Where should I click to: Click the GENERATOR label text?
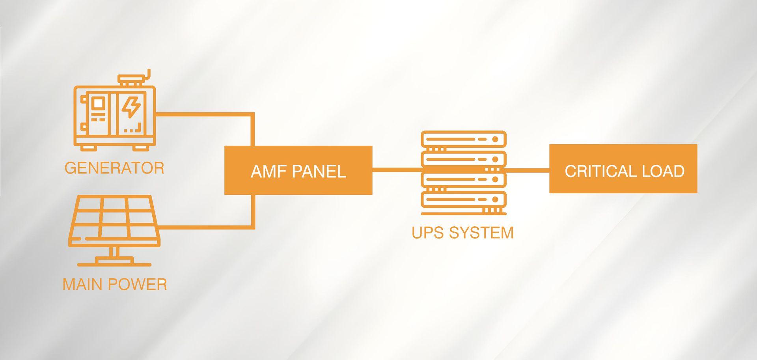[114, 168]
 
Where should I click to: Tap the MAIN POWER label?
[115, 284]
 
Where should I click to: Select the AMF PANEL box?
[298, 170]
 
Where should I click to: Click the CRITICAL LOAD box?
[623, 169]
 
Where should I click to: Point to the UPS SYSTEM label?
[462, 233]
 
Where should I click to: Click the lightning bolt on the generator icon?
[131, 107]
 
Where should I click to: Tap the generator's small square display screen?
[98, 104]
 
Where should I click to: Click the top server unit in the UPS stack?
[463, 139]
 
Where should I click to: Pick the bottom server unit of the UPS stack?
[463, 199]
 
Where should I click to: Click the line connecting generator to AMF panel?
[205, 114]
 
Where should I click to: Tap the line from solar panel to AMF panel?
[205, 227]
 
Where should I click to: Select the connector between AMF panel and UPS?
[396, 170]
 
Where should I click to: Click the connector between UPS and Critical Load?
[528, 170]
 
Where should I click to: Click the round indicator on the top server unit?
[495, 139]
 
